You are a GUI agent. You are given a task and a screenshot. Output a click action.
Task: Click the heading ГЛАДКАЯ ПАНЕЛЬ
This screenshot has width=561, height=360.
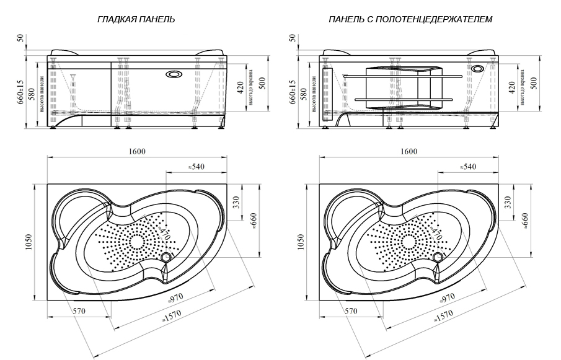(x=136, y=19)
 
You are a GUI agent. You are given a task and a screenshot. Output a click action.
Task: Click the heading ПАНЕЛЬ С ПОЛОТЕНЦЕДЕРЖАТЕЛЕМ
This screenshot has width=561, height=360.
(x=411, y=19)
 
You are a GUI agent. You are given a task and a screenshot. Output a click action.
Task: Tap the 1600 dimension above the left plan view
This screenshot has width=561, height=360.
(x=138, y=152)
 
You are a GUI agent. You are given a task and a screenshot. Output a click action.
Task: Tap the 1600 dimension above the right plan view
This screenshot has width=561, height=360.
(x=409, y=152)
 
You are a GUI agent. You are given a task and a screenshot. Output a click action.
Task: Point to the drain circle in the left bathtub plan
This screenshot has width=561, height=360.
(x=167, y=257)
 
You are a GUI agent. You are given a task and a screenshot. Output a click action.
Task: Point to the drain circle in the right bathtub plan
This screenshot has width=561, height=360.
(x=439, y=257)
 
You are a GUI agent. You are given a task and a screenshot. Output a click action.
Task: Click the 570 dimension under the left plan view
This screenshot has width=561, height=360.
(x=78, y=312)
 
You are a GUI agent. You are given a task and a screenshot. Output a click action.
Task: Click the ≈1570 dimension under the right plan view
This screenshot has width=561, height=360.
(x=444, y=317)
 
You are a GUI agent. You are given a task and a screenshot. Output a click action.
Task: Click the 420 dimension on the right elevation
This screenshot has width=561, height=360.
(x=513, y=87)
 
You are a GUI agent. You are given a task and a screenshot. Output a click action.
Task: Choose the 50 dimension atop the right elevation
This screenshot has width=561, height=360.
(x=293, y=38)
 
